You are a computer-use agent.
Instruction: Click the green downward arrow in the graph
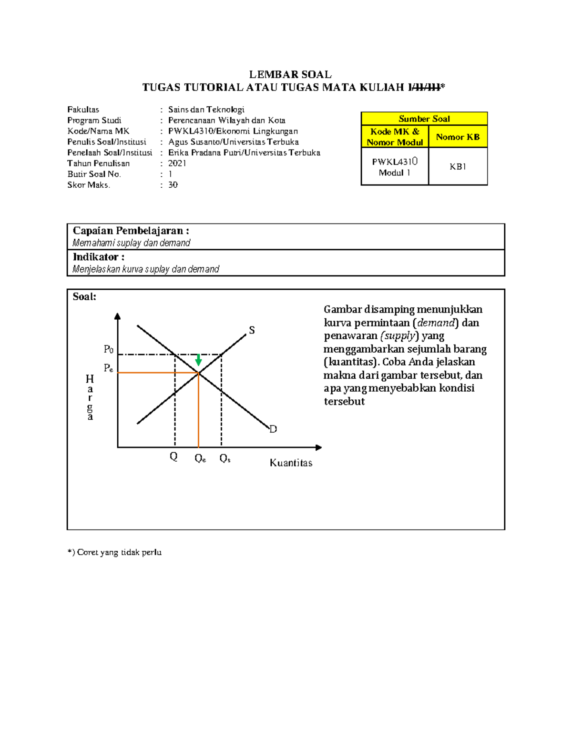click(198, 360)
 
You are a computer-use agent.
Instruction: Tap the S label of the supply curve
click(252, 330)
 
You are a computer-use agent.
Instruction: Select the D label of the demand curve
click(273, 429)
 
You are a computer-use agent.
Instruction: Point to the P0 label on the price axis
click(109, 349)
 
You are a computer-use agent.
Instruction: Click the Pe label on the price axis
click(109, 368)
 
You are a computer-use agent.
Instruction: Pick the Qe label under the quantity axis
click(200, 458)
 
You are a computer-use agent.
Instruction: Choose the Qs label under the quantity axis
click(225, 458)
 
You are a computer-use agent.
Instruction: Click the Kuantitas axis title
click(291, 463)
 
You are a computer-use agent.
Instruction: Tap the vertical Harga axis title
click(90, 397)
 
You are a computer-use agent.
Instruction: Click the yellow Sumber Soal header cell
click(424, 119)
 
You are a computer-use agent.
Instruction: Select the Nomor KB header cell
click(458, 137)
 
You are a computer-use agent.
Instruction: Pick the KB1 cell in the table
click(458, 166)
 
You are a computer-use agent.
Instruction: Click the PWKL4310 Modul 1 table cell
click(395, 167)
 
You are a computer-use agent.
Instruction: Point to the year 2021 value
click(177, 163)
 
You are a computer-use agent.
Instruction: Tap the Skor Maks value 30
click(173, 185)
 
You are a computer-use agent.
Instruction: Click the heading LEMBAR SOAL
click(290, 74)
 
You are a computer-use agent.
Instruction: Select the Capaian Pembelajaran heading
click(131, 231)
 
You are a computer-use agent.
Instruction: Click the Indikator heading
click(99, 257)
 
